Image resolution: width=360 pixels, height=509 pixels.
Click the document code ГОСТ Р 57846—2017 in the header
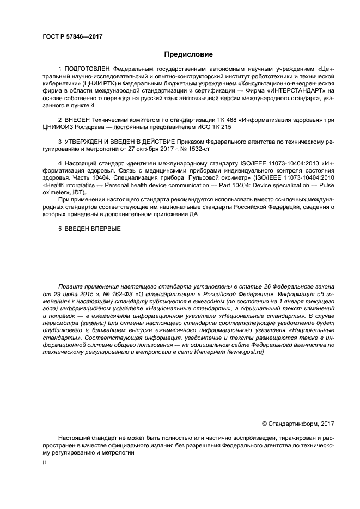[72, 36]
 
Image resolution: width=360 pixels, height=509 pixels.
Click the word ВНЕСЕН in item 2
[78, 119]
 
